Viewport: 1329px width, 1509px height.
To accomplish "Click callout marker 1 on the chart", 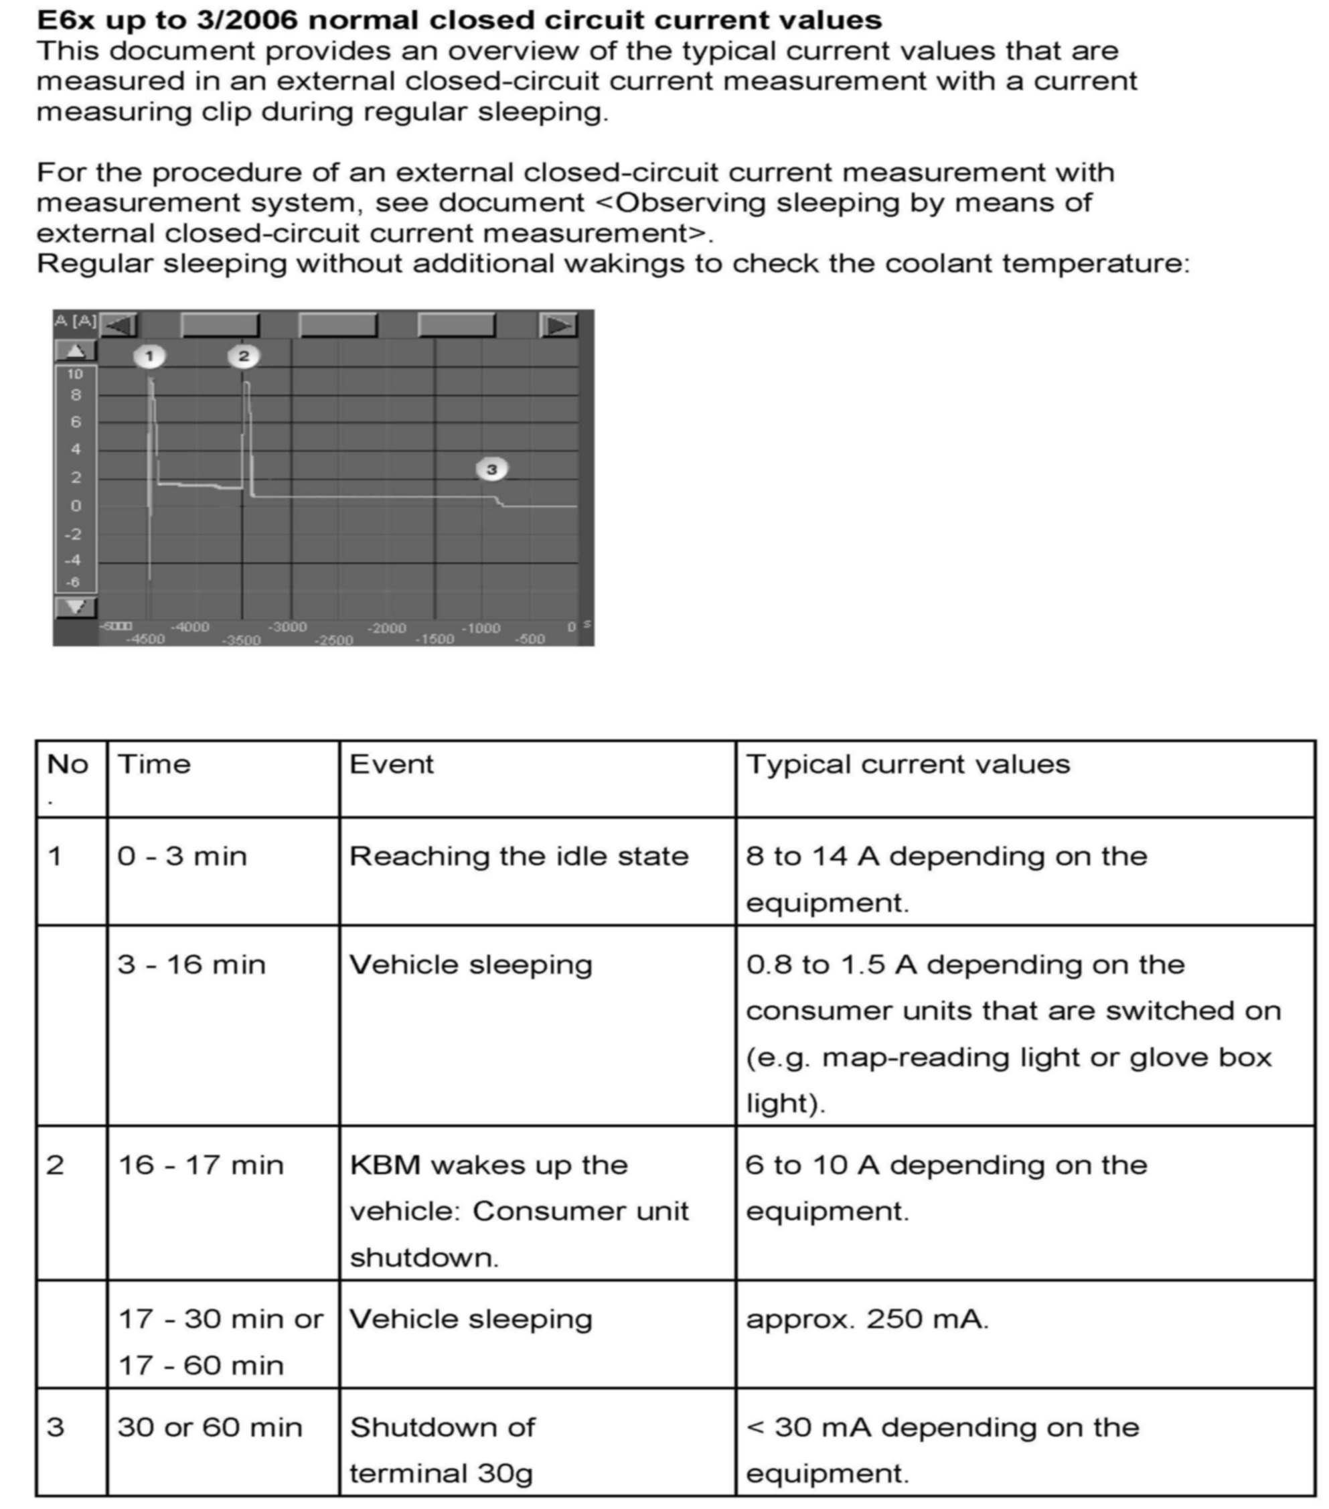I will point(149,356).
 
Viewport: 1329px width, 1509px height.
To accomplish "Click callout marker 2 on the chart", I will point(244,356).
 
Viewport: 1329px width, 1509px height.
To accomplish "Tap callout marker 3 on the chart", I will point(491,469).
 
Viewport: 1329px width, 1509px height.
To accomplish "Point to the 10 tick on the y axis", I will point(75,374).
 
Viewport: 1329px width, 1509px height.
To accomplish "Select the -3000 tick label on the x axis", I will point(287,628).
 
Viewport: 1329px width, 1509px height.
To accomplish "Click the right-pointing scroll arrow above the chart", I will point(558,325).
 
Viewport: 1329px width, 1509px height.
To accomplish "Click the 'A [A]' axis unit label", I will point(74,320).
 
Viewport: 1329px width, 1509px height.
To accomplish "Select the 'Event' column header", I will point(391,764).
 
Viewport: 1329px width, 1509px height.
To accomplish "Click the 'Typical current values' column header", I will point(907,764).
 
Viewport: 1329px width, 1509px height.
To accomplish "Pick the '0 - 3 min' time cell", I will point(181,857).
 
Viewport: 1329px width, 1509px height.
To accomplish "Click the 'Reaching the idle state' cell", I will point(519,857).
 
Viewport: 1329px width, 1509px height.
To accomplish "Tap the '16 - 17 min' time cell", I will point(200,1165).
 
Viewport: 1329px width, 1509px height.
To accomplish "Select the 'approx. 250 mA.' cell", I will point(867,1319).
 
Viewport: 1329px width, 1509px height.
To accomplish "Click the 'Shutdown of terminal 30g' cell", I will point(441,1449).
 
